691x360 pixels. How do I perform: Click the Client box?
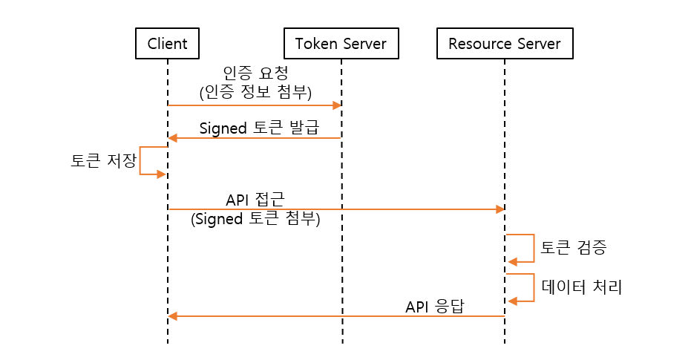[x=168, y=44]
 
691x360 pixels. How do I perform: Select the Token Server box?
[x=341, y=44]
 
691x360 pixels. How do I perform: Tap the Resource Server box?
[x=505, y=44]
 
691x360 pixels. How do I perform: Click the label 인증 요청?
[x=255, y=74]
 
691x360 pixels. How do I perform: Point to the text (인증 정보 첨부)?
[x=255, y=93]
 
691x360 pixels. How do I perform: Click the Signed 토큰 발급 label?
[x=258, y=127]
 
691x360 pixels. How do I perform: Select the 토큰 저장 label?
[x=100, y=161]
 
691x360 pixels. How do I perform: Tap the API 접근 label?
[x=255, y=200]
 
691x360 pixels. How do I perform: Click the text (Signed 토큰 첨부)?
[x=255, y=220]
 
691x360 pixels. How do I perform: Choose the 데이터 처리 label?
[x=581, y=287]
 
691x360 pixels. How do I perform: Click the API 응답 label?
[x=434, y=307]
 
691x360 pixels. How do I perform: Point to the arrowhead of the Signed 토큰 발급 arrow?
[x=173, y=138]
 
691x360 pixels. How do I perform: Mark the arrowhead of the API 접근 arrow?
[x=500, y=209]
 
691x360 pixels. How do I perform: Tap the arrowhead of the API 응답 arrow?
[x=173, y=316]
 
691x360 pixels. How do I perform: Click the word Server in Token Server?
[x=364, y=44]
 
